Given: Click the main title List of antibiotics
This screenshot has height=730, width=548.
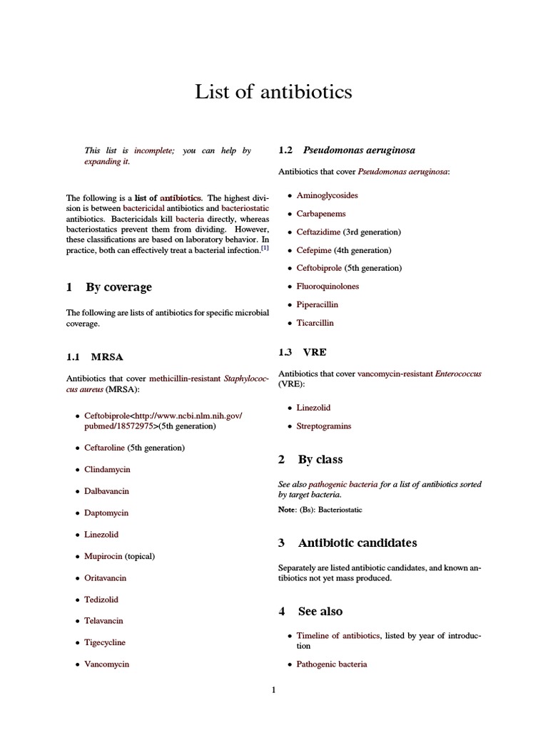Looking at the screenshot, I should [x=274, y=92].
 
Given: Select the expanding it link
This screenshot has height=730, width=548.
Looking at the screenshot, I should [x=106, y=162].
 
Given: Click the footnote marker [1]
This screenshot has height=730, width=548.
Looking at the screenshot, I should [x=265, y=249].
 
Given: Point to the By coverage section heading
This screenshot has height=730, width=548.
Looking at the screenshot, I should [x=118, y=287].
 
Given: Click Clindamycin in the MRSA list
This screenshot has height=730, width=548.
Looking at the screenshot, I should [x=107, y=470].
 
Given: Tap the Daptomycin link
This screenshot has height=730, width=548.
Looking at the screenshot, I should [x=106, y=513].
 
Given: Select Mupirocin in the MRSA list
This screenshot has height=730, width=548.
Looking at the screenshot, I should [x=103, y=555].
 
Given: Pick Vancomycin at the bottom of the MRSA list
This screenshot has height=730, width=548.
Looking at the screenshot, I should [x=106, y=664].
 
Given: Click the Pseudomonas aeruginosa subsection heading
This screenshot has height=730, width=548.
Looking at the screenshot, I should [x=359, y=150].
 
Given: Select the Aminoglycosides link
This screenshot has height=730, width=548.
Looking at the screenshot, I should [x=328, y=195].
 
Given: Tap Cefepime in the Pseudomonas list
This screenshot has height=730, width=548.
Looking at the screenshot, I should [x=314, y=250].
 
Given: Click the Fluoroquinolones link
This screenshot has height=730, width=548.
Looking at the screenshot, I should [x=328, y=287].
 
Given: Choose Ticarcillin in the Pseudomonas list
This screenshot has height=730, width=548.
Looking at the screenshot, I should [x=315, y=323].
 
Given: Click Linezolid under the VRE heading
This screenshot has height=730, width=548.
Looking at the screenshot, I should [x=313, y=408].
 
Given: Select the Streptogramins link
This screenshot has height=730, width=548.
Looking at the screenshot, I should [x=324, y=426].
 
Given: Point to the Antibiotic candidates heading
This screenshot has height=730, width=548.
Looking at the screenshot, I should [x=357, y=543].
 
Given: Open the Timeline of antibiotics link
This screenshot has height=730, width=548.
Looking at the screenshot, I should [x=338, y=635].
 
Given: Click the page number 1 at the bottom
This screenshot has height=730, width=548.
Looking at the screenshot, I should [x=273, y=689].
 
